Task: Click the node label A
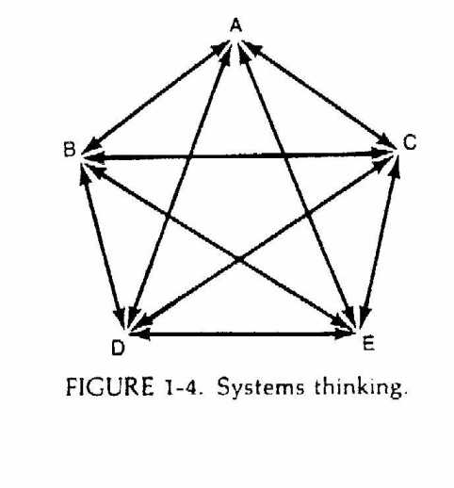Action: coord(236,25)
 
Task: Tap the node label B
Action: coord(70,150)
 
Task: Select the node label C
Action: coord(410,142)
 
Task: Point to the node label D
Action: coord(118,348)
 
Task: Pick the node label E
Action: coord(368,343)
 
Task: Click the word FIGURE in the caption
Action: coord(110,387)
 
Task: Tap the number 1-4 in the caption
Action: coord(183,387)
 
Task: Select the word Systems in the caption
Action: coord(261,387)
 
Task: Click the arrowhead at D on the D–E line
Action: coord(140,333)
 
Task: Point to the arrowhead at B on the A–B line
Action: coord(91,147)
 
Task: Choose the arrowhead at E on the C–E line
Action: coord(365,317)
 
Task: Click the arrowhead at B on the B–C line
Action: coord(93,156)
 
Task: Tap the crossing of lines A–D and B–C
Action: coord(190,156)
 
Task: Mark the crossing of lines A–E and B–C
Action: coord(285,155)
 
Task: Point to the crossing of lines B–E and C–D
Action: coord(239,259)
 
